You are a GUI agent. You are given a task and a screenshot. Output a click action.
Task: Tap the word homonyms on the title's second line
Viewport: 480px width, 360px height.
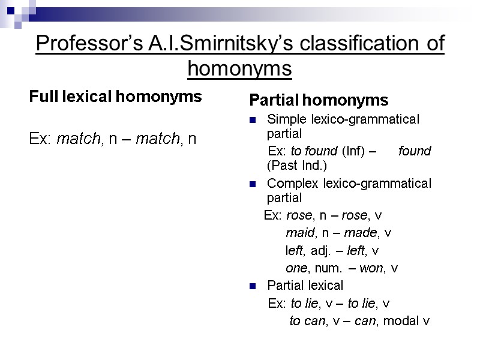(x=239, y=69)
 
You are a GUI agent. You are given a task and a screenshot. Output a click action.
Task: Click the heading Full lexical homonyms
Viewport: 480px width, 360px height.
(x=115, y=97)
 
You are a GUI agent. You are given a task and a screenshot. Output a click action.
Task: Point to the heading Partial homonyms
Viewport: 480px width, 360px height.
(x=319, y=99)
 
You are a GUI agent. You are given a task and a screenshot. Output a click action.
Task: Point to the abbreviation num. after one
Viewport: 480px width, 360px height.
(x=331, y=268)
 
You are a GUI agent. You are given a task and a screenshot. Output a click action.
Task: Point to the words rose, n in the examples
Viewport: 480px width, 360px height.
(x=308, y=215)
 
